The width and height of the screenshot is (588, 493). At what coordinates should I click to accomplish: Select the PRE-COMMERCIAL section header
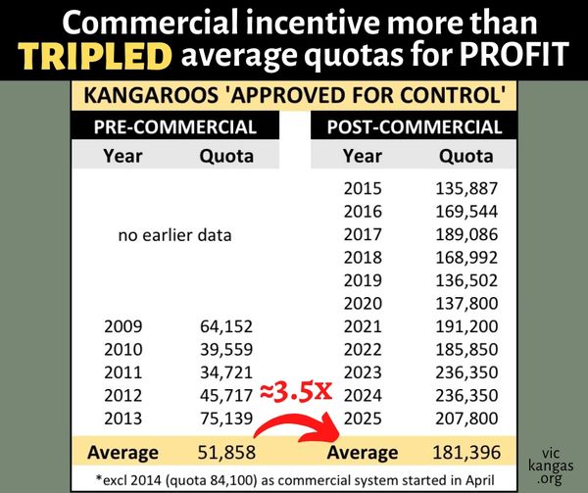175,127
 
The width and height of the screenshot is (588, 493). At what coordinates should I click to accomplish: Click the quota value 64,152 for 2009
226,324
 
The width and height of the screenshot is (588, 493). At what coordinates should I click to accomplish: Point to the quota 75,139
226,419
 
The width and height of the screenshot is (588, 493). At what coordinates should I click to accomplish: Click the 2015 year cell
363,188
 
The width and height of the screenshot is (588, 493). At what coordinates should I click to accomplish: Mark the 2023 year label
363,371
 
